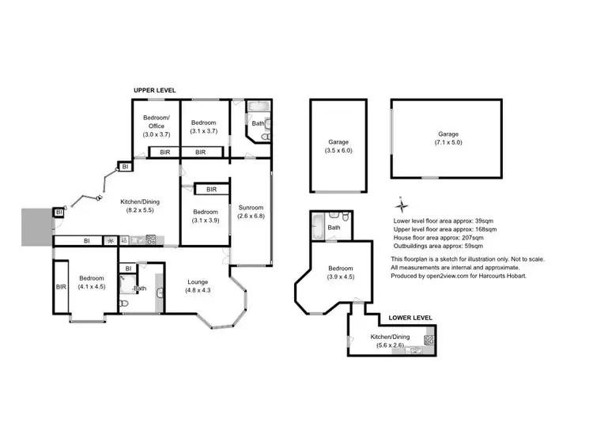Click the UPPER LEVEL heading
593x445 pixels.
[154, 91]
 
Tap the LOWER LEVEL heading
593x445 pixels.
[410, 318]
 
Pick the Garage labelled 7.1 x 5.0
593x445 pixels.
[448, 138]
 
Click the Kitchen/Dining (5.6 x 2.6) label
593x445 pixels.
[392, 341]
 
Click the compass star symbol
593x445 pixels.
[401, 201]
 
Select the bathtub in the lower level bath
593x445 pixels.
[318, 227]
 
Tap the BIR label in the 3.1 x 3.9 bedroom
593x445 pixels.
[211, 190]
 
